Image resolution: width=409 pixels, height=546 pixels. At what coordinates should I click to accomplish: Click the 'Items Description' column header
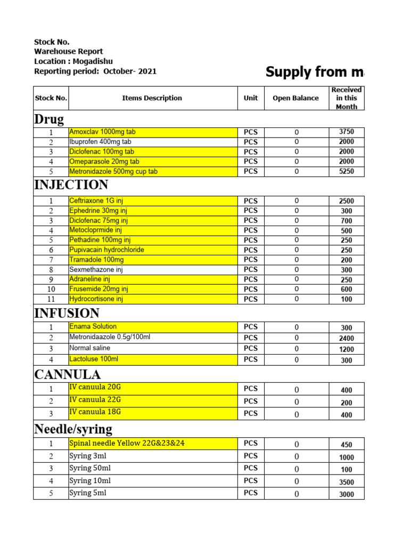pos(152,98)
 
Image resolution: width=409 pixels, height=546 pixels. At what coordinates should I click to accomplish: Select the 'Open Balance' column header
pos(296,98)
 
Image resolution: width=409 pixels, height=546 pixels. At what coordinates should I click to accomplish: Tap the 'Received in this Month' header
pos(346,98)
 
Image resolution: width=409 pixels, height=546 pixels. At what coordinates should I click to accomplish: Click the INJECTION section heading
pos(71,185)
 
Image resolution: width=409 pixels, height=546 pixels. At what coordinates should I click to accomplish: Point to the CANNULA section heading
pos(67,374)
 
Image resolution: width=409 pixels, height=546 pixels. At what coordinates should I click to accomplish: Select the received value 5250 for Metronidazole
pos(346,172)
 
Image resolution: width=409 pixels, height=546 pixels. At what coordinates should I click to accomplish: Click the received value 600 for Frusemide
pos(346,290)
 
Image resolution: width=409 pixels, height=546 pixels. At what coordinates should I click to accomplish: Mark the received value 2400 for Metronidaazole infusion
pos(346,338)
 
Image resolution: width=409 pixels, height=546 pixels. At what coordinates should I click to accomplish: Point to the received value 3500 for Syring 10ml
pos(346,483)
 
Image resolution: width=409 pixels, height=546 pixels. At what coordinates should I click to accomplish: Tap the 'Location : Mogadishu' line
pos(73,61)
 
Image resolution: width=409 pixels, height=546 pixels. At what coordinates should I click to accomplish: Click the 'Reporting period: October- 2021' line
pos(95,71)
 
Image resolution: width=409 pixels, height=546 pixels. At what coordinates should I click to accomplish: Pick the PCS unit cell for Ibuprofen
pos(250,142)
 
